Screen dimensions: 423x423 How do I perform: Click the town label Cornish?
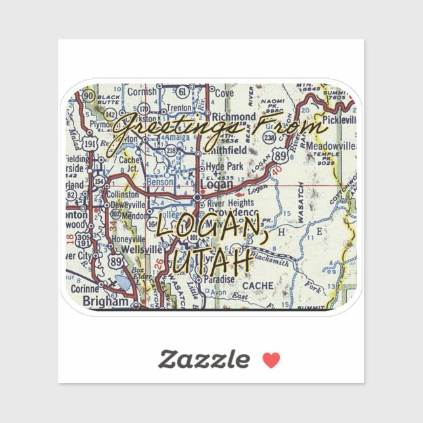click(142, 93)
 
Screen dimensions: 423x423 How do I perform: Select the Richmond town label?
click(234, 117)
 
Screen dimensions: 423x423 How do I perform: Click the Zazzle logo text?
click(204, 359)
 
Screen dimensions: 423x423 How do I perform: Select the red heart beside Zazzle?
click(271, 360)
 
